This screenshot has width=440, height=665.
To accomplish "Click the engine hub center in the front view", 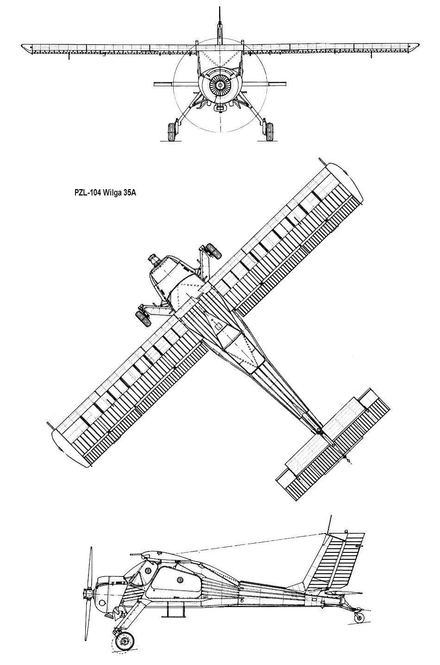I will pyautogui.click(x=219, y=86).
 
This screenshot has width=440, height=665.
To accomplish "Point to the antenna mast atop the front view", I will pyautogui.click(x=220, y=23).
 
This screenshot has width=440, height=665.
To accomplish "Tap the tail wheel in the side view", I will pyautogui.click(x=358, y=616).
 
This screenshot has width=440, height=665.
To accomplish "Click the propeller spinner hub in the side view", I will pyautogui.click(x=87, y=594).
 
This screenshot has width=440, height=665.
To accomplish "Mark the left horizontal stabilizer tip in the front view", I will pyautogui.click(x=157, y=84).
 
